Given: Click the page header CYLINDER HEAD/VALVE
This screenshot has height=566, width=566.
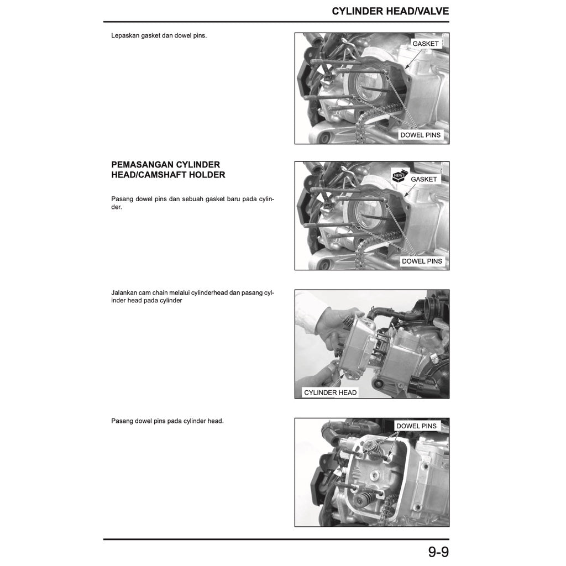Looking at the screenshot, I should (x=390, y=11).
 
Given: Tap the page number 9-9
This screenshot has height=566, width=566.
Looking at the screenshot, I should (x=438, y=552).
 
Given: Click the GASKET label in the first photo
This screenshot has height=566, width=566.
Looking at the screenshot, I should (x=425, y=44).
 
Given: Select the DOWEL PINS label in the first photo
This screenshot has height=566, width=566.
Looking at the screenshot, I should (x=420, y=135).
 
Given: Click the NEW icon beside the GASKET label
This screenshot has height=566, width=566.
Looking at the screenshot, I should (x=399, y=175).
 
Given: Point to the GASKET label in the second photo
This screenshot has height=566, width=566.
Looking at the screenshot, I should (x=423, y=179).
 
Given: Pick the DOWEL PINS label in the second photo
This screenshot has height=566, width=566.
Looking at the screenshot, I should (x=422, y=261).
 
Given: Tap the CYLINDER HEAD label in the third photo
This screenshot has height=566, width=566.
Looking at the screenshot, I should (x=331, y=392).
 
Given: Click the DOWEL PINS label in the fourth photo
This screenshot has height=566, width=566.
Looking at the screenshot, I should (x=416, y=426).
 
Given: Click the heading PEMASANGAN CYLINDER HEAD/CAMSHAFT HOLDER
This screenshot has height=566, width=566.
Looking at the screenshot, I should (x=168, y=170).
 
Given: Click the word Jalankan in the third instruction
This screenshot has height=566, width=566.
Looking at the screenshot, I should (x=125, y=292).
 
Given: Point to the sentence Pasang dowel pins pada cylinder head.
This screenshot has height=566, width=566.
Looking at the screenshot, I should (x=167, y=421).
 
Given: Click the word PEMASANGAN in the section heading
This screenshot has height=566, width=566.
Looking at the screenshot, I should (x=142, y=165).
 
